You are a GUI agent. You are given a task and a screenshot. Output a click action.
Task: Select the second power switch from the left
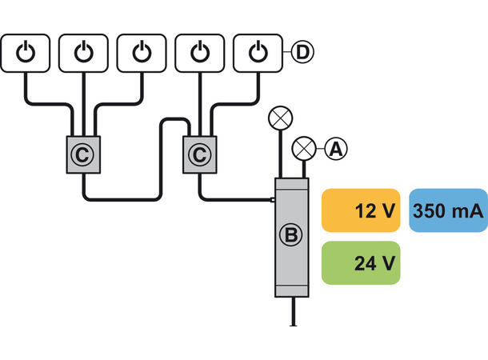tap(84, 53)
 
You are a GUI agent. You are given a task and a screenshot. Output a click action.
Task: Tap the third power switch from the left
tap(142, 53)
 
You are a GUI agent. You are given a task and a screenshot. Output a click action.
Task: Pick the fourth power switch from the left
tap(199, 53)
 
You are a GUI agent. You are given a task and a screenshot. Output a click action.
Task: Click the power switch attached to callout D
tap(257, 53)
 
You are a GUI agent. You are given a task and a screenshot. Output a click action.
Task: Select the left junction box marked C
tap(85, 153)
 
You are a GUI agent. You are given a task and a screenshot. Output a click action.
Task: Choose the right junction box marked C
tap(200, 153)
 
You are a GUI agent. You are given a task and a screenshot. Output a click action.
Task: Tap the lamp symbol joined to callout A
tap(304, 148)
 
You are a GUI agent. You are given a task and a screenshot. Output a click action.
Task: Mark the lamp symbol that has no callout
tap(279, 118)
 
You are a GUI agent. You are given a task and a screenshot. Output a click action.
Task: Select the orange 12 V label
tap(360, 211)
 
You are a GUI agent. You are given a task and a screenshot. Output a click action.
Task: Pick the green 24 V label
tap(360, 263)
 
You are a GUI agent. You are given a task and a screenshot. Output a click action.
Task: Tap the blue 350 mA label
tap(448, 211)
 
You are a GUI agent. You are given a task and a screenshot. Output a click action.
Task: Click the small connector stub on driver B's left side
tap(273, 200)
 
